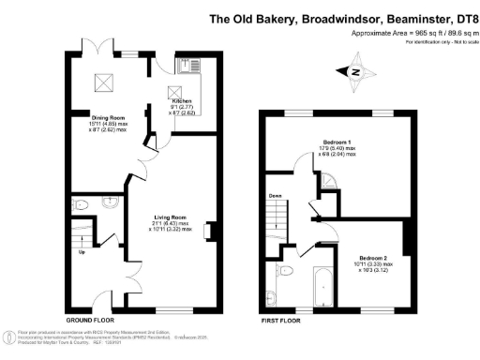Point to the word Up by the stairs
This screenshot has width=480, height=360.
82,251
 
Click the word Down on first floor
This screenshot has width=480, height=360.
275,197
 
